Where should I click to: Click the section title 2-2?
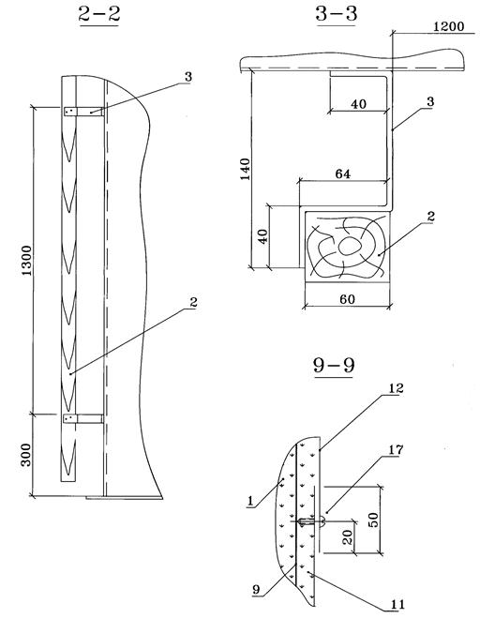click(99, 14)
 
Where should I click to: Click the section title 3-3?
click(337, 14)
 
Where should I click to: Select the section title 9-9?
click(334, 365)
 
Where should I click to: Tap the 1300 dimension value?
click(26, 261)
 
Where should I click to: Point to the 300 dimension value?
click(25, 455)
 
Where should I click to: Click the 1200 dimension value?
click(448, 26)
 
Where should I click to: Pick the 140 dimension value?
click(246, 169)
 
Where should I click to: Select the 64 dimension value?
click(342, 173)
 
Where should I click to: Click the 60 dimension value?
click(347, 299)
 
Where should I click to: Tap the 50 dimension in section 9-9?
click(373, 520)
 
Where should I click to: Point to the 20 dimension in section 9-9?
click(347, 537)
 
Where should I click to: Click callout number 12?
click(396, 388)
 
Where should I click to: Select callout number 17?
click(396, 449)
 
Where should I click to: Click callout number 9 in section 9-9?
click(257, 590)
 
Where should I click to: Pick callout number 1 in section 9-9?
click(250, 501)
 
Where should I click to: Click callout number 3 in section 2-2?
click(188, 77)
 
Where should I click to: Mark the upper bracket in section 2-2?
click(83, 112)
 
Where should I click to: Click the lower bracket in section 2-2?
click(83, 418)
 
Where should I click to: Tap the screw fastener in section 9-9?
click(312, 522)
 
